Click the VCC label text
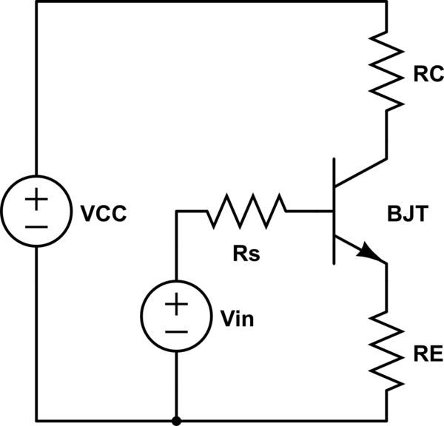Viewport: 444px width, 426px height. tap(104, 214)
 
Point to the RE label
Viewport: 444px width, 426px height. tap(427, 355)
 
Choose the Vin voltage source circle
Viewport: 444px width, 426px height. tap(176, 316)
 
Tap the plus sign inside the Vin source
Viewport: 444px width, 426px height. tap(176, 302)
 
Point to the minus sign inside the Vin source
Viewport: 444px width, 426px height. tap(176, 330)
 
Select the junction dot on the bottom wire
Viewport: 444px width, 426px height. tap(176, 420)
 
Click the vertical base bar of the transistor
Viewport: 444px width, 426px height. tap(334, 212)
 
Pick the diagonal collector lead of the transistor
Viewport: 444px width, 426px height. tap(360, 172)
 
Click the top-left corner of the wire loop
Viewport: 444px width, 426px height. tap(36, 4)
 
